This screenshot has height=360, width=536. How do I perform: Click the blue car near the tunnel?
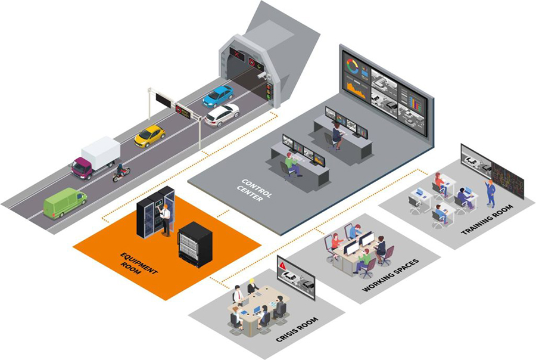[x=218, y=95]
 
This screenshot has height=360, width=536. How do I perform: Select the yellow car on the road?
[x=149, y=135]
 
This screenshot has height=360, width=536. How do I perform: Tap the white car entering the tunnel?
[x=222, y=114]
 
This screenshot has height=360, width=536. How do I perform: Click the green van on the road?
[x=64, y=203]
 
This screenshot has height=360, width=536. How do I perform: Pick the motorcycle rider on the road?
[x=121, y=172]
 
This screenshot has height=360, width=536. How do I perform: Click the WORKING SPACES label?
[x=391, y=275]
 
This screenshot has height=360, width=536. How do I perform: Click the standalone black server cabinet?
[x=195, y=244]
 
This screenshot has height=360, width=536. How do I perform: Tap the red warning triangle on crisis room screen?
[x=282, y=264]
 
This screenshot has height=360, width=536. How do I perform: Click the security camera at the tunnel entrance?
[x=262, y=76]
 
